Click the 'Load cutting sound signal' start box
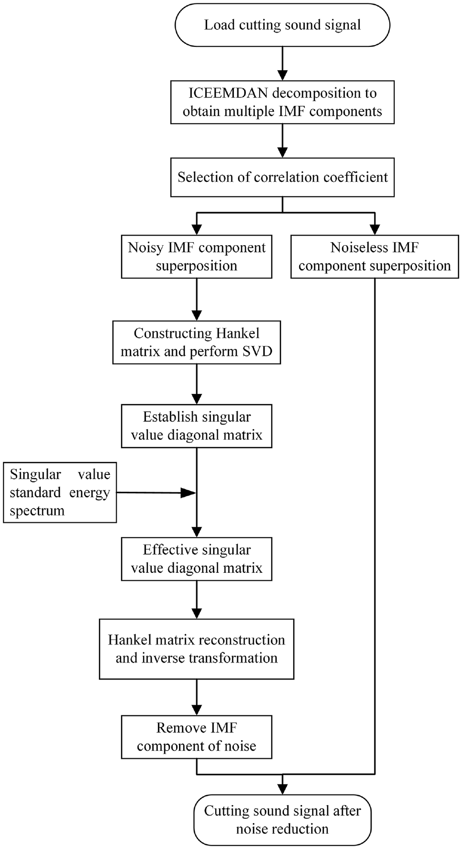[282, 25]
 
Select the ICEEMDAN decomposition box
[282, 102]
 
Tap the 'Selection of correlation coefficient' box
[282, 177]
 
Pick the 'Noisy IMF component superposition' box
[197, 256]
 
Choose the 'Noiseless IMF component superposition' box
[375, 256]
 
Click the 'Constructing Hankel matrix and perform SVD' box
[197, 342]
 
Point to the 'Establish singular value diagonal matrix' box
[197, 426]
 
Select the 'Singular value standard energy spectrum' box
[60, 492]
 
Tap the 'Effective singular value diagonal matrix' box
[197, 559]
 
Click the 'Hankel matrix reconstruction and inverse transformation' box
[197, 649]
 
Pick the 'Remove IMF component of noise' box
[197, 737]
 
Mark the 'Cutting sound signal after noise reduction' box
[282, 820]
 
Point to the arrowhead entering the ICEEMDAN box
[282, 74]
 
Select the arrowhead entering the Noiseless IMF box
[375, 229]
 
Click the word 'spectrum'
[37, 511]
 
